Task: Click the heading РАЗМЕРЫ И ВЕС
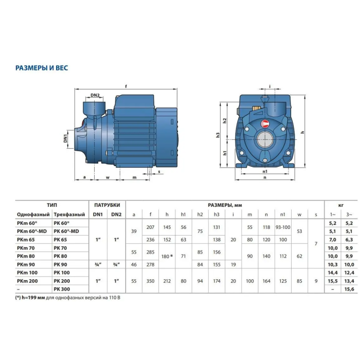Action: (42, 68)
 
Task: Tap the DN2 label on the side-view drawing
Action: (95, 95)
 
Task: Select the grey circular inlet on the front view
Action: (265, 140)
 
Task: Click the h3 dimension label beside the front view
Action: (218, 135)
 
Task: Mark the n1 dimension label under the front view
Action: (265, 171)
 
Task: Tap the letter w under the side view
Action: (107, 177)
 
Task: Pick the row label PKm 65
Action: (26, 240)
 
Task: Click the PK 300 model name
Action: (62, 289)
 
